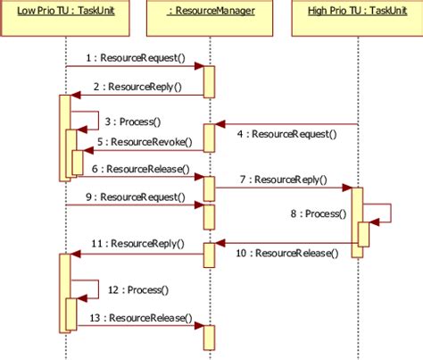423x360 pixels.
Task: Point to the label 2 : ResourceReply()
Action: click(138, 88)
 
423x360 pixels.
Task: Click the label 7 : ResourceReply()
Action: click(282, 179)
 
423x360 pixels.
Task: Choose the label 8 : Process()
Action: click(313, 214)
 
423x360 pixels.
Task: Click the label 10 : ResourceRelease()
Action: click(287, 254)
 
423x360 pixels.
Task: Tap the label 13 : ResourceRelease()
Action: click(141, 317)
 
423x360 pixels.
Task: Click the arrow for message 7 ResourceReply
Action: click(282, 188)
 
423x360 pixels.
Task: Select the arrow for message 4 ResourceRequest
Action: click(286, 124)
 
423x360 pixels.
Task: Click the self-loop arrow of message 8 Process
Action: click(389, 213)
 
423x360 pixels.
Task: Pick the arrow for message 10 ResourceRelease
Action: click(286, 242)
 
